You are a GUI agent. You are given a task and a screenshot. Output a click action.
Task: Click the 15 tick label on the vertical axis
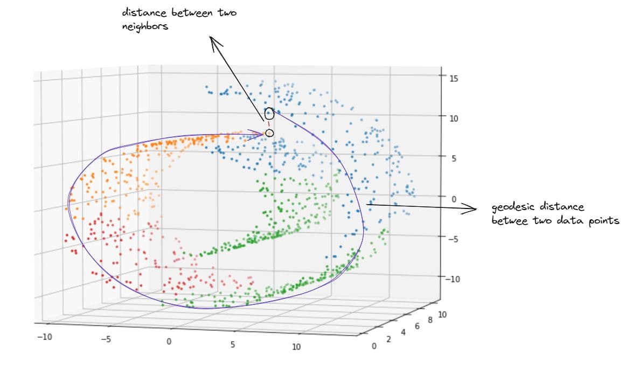pos(453,79)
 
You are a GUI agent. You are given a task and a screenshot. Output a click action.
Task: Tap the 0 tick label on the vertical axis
pos(454,199)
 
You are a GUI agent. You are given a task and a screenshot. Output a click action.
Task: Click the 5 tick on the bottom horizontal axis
pos(233,344)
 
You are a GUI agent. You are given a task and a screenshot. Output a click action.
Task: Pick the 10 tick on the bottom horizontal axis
pos(296,347)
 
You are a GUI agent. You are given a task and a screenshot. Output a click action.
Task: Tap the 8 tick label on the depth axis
pos(429,321)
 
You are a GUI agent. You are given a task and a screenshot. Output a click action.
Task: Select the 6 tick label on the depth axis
pos(417,326)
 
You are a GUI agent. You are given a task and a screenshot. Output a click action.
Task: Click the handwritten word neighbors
pos(145,26)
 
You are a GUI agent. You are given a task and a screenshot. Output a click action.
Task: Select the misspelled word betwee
pos(507,220)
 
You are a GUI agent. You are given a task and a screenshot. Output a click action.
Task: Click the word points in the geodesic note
pos(602,220)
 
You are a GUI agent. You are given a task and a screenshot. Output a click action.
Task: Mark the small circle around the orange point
pos(269,133)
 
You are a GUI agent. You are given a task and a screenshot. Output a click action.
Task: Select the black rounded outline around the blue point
pos(269,114)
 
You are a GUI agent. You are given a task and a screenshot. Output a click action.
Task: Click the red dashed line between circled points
pos(269,124)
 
